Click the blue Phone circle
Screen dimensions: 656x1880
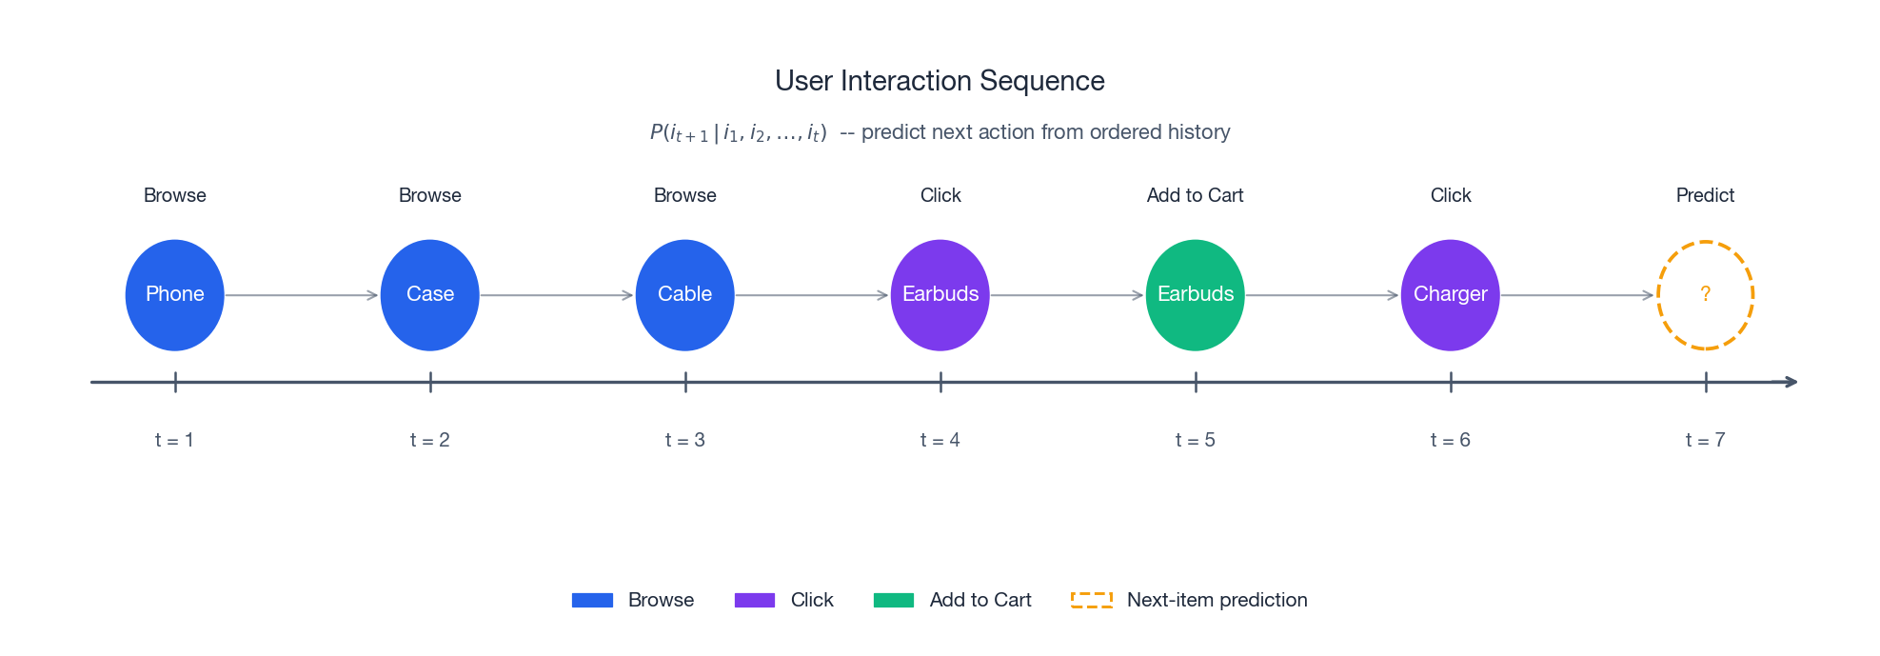pyautogui.click(x=175, y=295)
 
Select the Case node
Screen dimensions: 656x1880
pyautogui.click(x=430, y=295)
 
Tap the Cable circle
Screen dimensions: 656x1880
pyautogui.click(x=685, y=295)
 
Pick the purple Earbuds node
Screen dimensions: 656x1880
pyautogui.click(x=940, y=295)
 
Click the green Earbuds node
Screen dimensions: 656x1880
pyautogui.click(x=1196, y=295)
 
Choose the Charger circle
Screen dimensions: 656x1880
pyautogui.click(x=1451, y=295)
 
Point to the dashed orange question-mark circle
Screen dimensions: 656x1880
pyautogui.click(x=1706, y=295)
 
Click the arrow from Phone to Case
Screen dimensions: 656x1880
pyautogui.click(x=302, y=295)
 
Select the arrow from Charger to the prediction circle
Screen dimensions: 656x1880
pyautogui.click(x=1577, y=295)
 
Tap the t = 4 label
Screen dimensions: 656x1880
pyautogui.click(x=940, y=440)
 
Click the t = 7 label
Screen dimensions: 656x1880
pyautogui.click(x=1706, y=440)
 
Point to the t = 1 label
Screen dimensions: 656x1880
pyautogui.click(x=175, y=440)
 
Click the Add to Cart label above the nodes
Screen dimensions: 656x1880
pyautogui.click(x=1196, y=195)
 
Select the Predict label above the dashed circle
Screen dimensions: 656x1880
pyautogui.click(x=1706, y=195)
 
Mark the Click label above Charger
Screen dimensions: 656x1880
pyautogui.click(x=1451, y=195)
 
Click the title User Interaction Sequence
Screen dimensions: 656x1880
pyautogui.click(x=940, y=81)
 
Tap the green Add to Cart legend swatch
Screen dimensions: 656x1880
pyautogui.click(x=894, y=600)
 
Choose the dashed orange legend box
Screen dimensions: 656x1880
pyautogui.click(x=1092, y=600)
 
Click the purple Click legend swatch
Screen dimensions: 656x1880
pyautogui.click(x=755, y=600)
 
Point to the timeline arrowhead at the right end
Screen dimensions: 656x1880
pyautogui.click(x=1791, y=382)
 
